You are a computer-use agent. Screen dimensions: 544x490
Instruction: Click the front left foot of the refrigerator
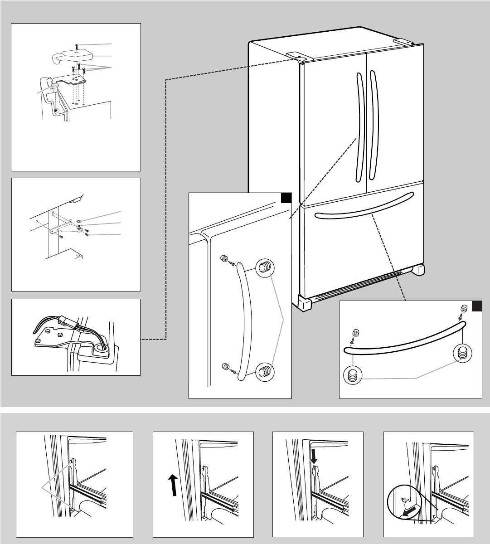point(304,303)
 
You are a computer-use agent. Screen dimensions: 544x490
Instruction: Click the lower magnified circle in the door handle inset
point(263,372)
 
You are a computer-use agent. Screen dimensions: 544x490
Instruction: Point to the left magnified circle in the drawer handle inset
point(354,376)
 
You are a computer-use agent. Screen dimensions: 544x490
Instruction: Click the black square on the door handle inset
point(286,199)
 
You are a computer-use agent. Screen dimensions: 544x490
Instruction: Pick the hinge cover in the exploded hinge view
point(73,56)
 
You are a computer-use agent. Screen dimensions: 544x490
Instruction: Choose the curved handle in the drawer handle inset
point(403,340)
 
